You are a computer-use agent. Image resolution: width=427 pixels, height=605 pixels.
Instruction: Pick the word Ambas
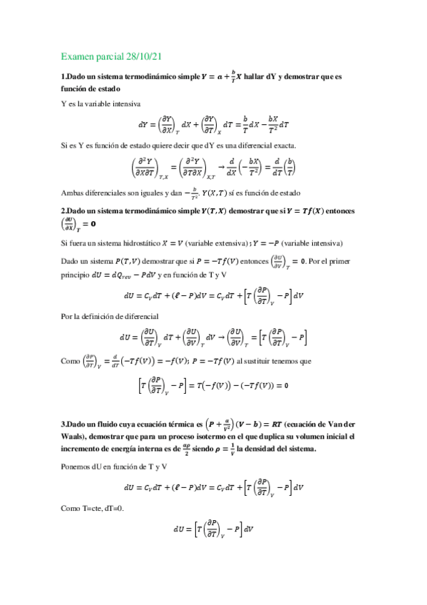pos(71,192)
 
